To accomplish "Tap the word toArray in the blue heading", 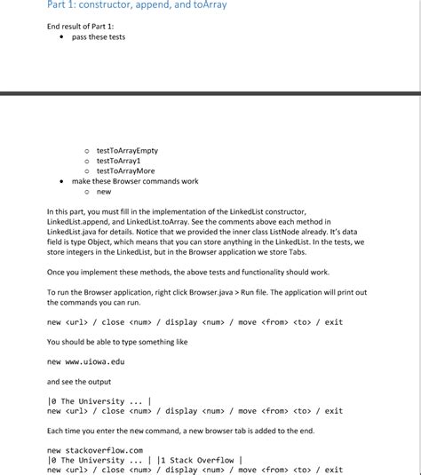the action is tap(207, 6).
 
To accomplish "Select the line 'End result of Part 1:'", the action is tap(81, 27).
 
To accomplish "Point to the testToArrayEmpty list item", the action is tap(127, 151).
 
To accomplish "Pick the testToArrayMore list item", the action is tap(125, 170).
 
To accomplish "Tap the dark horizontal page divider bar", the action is tap(210, 92).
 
